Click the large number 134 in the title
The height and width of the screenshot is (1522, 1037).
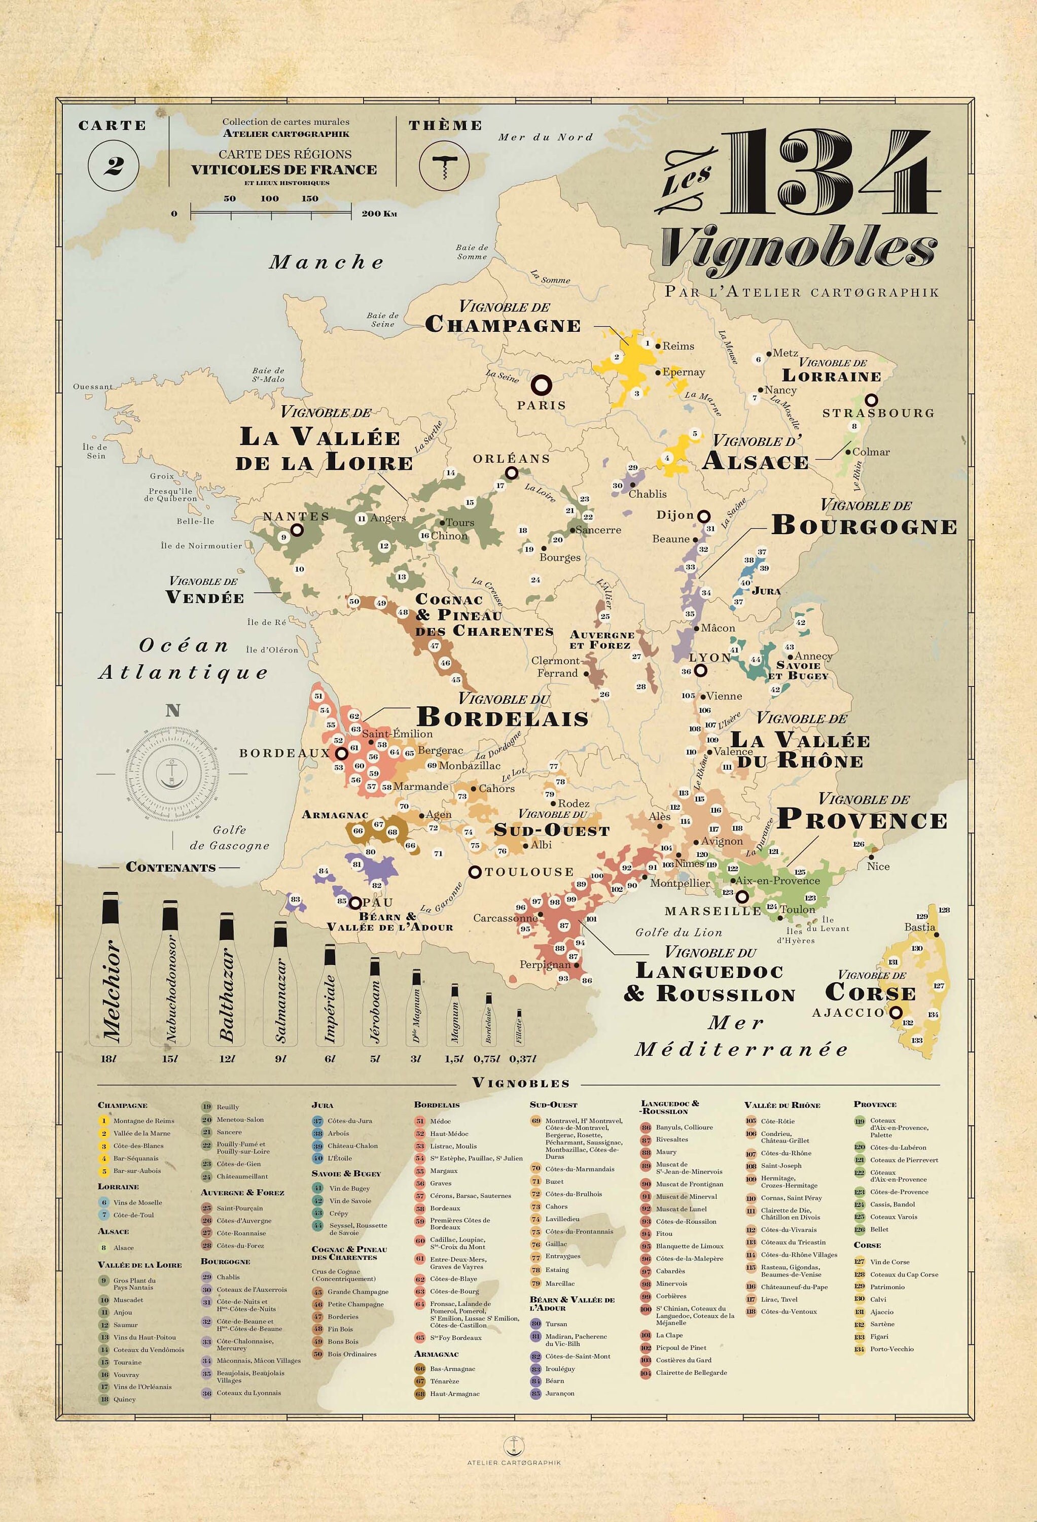point(828,171)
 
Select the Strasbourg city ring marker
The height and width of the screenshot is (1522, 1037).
point(871,399)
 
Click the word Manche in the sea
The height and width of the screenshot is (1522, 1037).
point(326,263)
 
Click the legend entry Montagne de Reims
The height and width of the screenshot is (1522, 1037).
point(144,1121)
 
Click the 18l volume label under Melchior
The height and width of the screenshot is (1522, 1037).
point(108,1058)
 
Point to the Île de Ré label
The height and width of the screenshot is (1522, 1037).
point(266,622)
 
